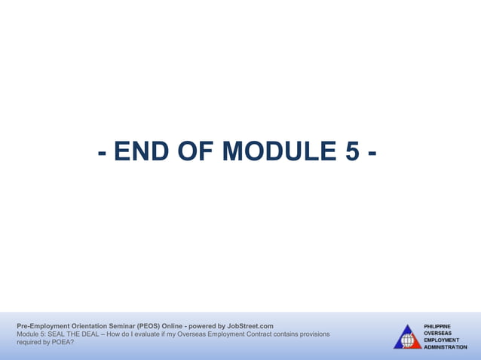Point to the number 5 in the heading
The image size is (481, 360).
pos(352,152)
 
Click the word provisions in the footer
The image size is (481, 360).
pos(313,334)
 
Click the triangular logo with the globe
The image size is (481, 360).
pos(407,337)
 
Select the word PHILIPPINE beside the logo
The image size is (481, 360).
pos(437,325)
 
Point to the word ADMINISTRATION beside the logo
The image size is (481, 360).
pos(446,347)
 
